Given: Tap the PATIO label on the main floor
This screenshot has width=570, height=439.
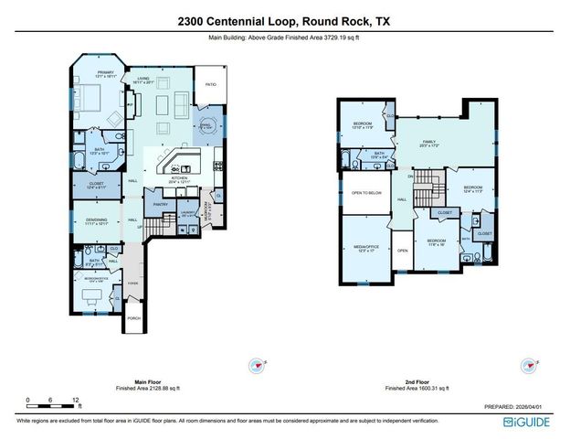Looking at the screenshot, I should click(209, 83).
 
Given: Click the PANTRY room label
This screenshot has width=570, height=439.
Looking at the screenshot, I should click(161, 205).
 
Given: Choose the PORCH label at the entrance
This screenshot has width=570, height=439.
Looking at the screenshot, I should click(134, 317).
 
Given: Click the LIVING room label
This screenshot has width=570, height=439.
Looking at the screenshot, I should click(143, 79).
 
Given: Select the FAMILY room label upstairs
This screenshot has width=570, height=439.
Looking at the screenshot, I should click(427, 143).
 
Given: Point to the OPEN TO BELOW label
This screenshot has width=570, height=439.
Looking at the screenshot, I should click(365, 193).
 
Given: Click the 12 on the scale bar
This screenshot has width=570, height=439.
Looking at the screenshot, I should click(75, 400).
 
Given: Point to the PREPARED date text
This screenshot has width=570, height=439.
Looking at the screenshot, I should click(515, 406).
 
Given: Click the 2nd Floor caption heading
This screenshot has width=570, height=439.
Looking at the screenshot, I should click(403, 383).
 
